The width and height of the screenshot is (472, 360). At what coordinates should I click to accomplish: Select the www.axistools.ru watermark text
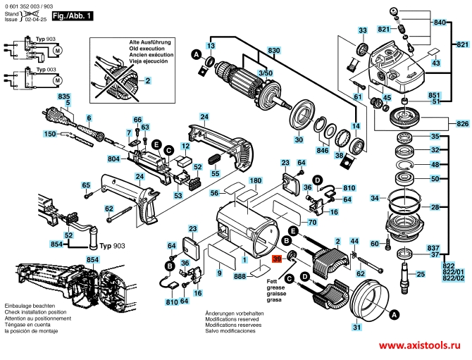(425, 347)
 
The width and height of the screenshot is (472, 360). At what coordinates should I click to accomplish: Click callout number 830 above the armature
(274, 50)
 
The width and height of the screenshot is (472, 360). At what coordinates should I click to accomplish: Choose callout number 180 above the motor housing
(256, 181)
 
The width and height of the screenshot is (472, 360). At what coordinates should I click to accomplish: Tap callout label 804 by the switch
(114, 159)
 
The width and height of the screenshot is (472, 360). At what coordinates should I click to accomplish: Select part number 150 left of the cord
(51, 134)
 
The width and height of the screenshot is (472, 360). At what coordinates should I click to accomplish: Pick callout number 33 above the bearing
(362, 30)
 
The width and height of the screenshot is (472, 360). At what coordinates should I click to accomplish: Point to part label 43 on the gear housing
(436, 63)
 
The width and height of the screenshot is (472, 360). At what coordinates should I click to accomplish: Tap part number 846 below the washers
(323, 151)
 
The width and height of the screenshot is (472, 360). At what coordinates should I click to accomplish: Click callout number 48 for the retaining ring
(435, 164)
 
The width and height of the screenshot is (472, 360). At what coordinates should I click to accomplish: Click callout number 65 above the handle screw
(86, 185)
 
